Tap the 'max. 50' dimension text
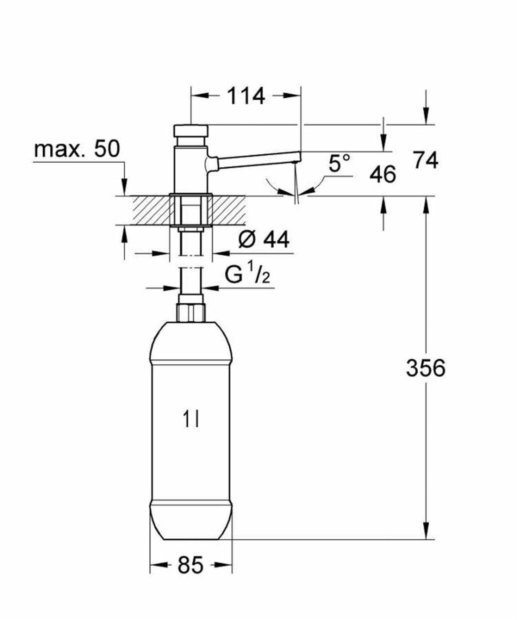[76, 150]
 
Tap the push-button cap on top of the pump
[190, 130]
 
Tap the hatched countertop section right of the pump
[228, 210]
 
